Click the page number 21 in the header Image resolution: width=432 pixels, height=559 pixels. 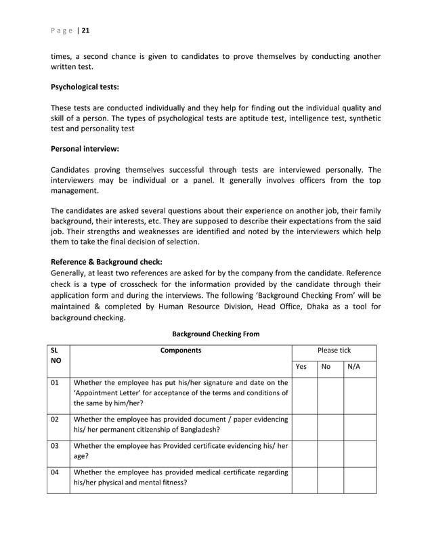coord(86,30)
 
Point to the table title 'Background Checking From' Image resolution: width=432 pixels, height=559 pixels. coord(215,334)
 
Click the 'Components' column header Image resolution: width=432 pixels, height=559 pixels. coord(181,351)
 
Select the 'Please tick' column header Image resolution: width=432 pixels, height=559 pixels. coord(334,351)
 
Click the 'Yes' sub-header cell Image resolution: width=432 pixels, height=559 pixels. coord(302,367)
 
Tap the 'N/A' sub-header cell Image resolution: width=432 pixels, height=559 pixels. coord(353,367)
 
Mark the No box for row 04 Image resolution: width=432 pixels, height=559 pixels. coord(330,479)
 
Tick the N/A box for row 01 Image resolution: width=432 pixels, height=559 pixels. coord(360,395)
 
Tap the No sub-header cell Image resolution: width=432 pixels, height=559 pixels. coord(326,367)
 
